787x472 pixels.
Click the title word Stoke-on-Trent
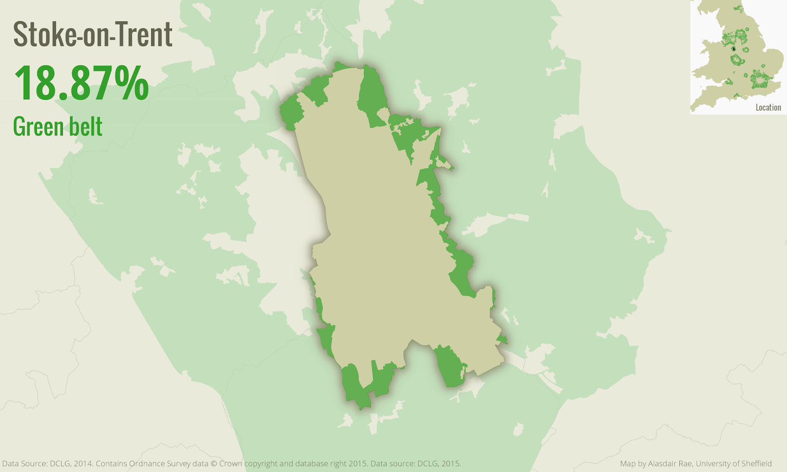(92, 34)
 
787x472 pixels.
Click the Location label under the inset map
(768, 108)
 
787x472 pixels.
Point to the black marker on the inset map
(733, 49)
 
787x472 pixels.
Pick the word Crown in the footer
(231, 464)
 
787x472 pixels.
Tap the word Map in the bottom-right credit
(628, 464)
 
